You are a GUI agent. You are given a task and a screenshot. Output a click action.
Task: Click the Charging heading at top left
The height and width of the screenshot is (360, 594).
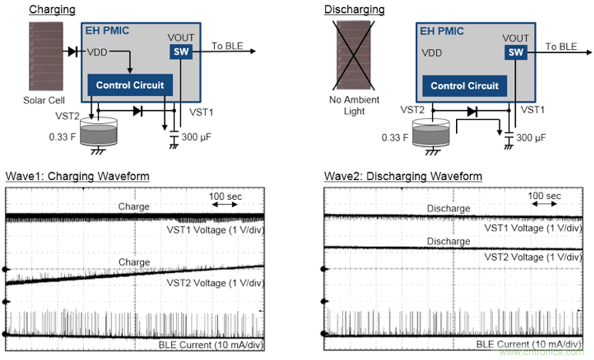pyautogui.click(x=52, y=9)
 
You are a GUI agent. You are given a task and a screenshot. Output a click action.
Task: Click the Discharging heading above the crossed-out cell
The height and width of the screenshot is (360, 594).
pyautogui.click(x=354, y=9)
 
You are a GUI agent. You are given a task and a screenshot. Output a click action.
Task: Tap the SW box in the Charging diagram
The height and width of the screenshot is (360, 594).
pyautogui.click(x=181, y=51)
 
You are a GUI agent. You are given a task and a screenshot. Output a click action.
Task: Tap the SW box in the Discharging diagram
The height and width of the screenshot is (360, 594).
pyautogui.click(x=515, y=52)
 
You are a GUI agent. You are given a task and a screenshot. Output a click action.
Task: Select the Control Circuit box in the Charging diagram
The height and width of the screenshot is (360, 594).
pyautogui.click(x=129, y=85)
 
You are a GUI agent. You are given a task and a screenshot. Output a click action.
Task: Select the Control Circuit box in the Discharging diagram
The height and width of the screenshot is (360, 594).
pyautogui.click(x=465, y=86)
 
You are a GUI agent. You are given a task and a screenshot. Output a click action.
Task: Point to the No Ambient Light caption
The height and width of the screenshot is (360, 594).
pyautogui.click(x=354, y=106)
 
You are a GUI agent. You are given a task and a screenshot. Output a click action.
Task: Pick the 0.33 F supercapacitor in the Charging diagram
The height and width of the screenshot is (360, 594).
pyautogui.click(x=98, y=132)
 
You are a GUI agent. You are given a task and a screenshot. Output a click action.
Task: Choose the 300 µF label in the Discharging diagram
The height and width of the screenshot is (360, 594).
pyautogui.click(x=531, y=138)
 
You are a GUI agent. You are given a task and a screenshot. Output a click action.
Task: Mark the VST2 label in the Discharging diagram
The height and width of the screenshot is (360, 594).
pyautogui.click(x=412, y=109)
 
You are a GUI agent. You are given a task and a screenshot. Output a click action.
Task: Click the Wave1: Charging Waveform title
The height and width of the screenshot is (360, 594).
pyautogui.click(x=77, y=177)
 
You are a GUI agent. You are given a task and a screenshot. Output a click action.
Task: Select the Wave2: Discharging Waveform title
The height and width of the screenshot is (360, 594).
pyautogui.click(x=403, y=177)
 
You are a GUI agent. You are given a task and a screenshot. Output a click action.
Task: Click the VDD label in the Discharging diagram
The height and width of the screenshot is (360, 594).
pyautogui.click(x=432, y=52)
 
